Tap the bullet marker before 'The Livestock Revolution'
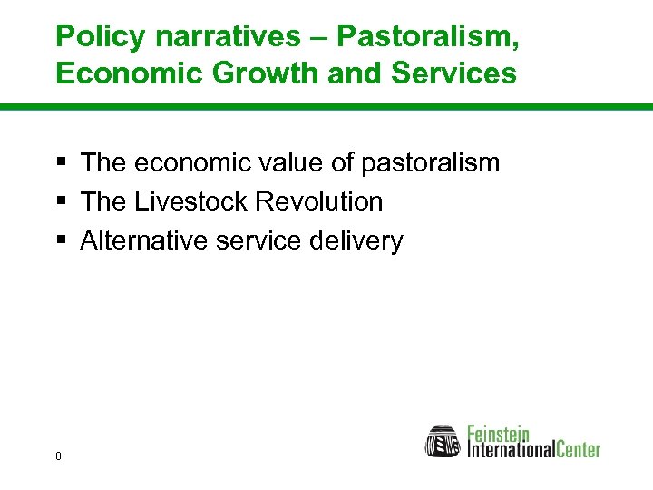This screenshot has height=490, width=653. (x=61, y=201)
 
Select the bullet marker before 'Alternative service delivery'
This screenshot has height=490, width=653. (x=61, y=240)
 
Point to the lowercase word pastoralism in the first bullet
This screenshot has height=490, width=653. (x=431, y=163)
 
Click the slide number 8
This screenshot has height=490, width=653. (x=58, y=456)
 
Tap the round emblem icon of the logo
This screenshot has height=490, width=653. (x=443, y=440)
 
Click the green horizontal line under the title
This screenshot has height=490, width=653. (x=326, y=107)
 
